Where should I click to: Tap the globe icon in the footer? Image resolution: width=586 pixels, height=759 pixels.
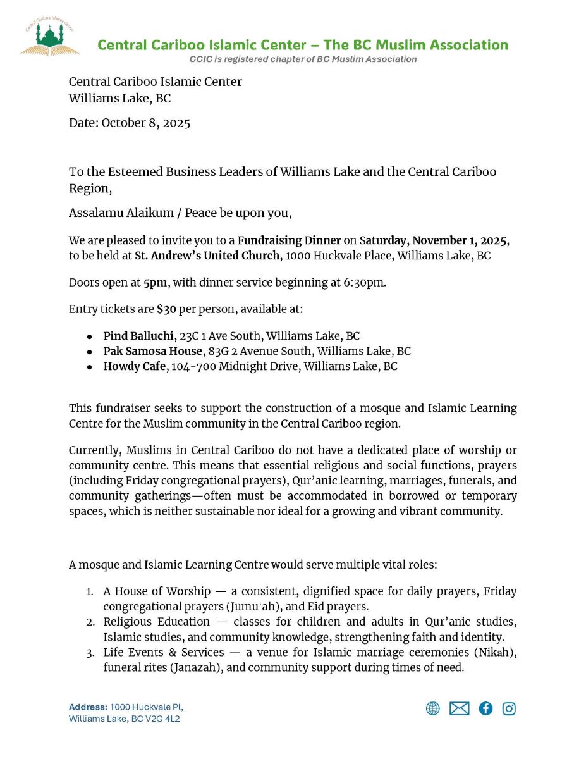pyautogui.click(x=432, y=708)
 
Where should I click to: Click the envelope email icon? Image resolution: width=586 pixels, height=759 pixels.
pyautogui.click(x=459, y=708)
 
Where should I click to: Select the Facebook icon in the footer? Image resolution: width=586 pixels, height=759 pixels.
pyautogui.click(x=485, y=708)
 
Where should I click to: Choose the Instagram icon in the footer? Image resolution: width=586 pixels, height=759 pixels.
pyautogui.click(x=509, y=708)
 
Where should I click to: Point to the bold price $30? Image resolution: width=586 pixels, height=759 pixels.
pyautogui.click(x=166, y=309)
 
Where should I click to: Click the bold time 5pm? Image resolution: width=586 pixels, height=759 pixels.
pyautogui.click(x=155, y=282)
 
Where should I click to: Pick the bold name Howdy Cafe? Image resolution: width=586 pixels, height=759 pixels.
pyautogui.click(x=134, y=366)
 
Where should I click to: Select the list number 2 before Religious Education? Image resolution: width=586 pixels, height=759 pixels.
pyautogui.click(x=90, y=622)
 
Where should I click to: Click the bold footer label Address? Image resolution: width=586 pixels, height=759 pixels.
pyautogui.click(x=88, y=707)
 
